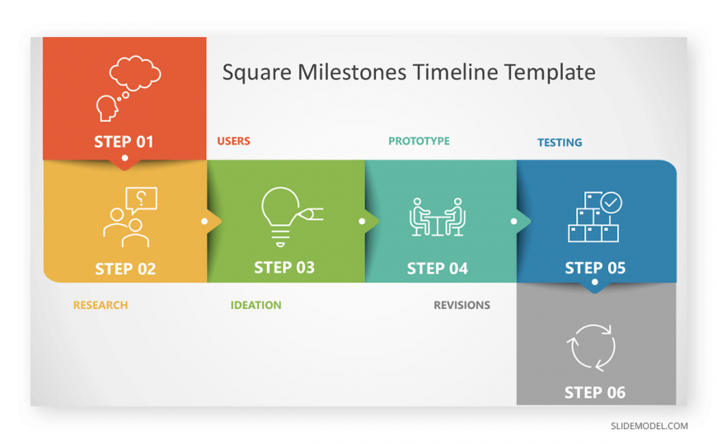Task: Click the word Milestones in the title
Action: pos(352,72)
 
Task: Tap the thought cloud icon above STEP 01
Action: pos(135,73)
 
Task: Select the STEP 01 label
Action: pos(124,142)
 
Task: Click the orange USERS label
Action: pos(234,141)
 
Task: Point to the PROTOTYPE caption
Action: pos(419,141)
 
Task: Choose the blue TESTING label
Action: pos(560,143)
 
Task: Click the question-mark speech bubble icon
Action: pos(141,200)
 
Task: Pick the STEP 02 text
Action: pos(125,269)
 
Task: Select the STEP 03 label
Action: pos(284,268)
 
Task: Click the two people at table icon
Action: pos(438,217)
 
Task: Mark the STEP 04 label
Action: pos(438,269)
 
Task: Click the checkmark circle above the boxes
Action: pos(612,203)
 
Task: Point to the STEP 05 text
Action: pos(595,268)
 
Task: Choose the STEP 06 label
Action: pos(595,392)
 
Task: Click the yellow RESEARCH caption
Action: pos(101,305)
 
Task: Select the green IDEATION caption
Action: pos(256,305)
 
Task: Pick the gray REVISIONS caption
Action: pos(462,305)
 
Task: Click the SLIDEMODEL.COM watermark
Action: pos(649,426)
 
